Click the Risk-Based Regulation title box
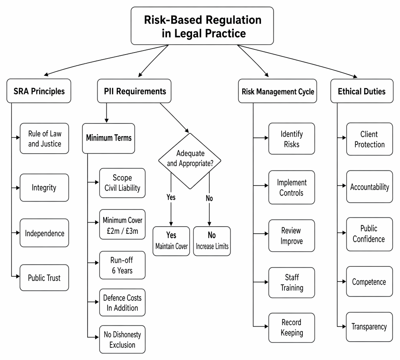click(x=202, y=26)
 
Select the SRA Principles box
click(x=39, y=91)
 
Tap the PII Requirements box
click(x=134, y=91)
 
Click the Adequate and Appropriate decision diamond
click(x=190, y=161)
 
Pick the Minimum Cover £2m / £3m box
click(x=122, y=224)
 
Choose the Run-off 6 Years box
click(x=122, y=265)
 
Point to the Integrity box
click(x=44, y=188)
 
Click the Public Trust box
click(x=44, y=278)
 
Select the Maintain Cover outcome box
click(x=171, y=241)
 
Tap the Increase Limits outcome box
click(x=212, y=241)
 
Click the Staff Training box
click(x=292, y=282)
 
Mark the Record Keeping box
click(x=292, y=328)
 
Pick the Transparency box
click(x=369, y=327)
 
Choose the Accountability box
click(x=370, y=187)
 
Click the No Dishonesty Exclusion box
click(x=122, y=339)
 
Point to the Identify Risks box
click(x=292, y=139)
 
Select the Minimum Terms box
click(x=108, y=138)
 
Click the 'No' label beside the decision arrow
click(x=209, y=198)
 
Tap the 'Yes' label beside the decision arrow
click(x=171, y=197)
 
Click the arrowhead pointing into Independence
click(x=18, y=233)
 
